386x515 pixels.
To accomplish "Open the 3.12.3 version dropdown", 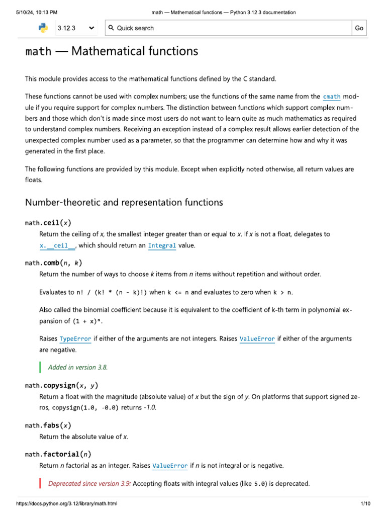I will coord(76,28).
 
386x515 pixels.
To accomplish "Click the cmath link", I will coord(331,97).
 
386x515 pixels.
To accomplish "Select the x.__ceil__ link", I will coord(57,245).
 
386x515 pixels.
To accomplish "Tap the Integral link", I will coord(162,245).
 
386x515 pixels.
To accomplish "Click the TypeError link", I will coord(75,339).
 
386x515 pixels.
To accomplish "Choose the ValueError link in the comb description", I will coord(257,339).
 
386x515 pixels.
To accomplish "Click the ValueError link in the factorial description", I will coord(170,466).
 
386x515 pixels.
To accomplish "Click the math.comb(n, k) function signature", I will coord(54,263).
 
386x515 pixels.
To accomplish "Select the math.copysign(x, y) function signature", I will coord(62,385).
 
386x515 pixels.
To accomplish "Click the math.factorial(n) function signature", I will coord(58,454).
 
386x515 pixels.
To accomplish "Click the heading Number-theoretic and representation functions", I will coord(124,202).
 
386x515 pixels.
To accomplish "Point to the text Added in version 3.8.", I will coord(78,367).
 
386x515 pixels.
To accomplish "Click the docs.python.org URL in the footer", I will coord(67,503).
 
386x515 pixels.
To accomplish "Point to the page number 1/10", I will coord(365,503).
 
